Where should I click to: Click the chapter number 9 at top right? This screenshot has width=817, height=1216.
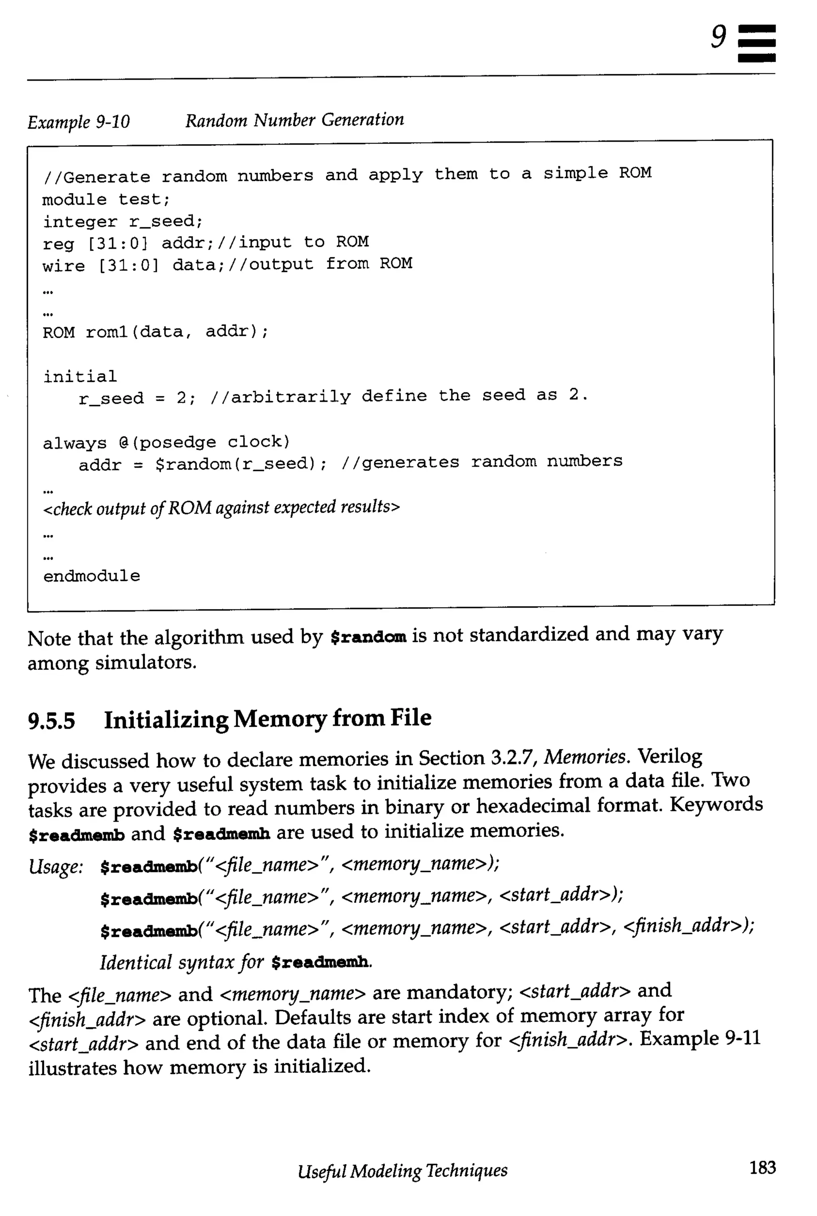(719, 37)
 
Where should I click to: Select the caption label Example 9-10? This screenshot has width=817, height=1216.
(79, 122)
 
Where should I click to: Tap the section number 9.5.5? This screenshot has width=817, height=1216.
(51, 720)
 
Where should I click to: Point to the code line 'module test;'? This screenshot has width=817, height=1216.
(106, 199)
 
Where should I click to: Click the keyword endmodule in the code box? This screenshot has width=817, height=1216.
(92, 576)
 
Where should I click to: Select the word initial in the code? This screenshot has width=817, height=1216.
(80, 376)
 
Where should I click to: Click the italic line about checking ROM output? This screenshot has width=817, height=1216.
(221, 507)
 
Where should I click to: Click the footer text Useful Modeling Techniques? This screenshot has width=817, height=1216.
(402, 1171)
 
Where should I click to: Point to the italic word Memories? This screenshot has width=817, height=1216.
(586, 757)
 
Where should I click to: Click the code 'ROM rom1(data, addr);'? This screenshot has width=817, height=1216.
(155, 332)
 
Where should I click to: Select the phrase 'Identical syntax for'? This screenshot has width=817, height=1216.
(182, 962)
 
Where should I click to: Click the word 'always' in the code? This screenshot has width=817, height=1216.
(75, 443)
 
